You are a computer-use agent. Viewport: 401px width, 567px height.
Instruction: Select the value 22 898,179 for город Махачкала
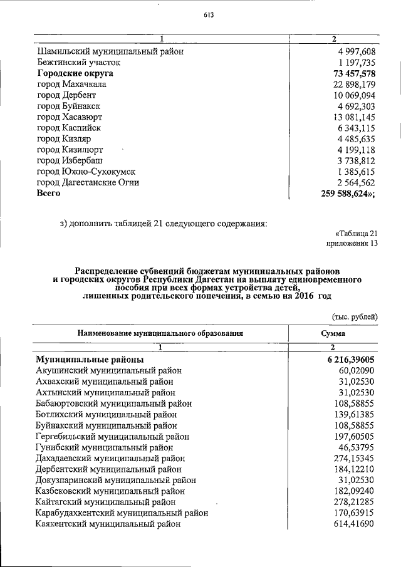[353, 85]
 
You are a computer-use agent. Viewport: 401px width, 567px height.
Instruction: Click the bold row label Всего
[48, 194]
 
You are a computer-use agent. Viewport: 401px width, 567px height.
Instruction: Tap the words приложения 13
[352, 244]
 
